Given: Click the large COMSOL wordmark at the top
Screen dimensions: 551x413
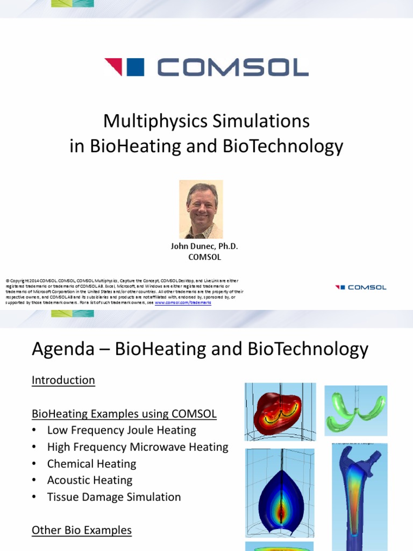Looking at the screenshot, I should [x=232, y=67].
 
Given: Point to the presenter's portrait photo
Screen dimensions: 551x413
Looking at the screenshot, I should [x=201, y=209].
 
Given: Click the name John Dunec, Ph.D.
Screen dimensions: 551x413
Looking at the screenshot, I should [x=204, y=246].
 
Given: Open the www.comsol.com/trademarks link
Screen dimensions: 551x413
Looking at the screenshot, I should [x=183, y=303].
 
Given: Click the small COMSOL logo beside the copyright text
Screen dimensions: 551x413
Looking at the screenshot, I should [x=360, y=287].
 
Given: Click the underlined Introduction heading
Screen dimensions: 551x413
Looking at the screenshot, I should [x=63, y=380].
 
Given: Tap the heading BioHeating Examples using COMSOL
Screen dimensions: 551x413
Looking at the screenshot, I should [x=124, y=414].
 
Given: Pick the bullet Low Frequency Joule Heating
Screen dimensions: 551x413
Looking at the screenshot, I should [x=122, y=430].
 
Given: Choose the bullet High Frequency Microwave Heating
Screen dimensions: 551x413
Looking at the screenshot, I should [x=138, y=447].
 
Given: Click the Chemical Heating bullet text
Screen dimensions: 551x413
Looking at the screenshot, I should [x=91, y=464].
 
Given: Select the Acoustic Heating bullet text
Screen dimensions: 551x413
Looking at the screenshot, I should [x=90, y=481].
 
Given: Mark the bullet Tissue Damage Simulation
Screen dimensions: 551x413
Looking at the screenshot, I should [x=114, y=497].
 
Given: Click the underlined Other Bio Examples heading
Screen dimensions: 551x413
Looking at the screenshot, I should [x=82, y=531].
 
